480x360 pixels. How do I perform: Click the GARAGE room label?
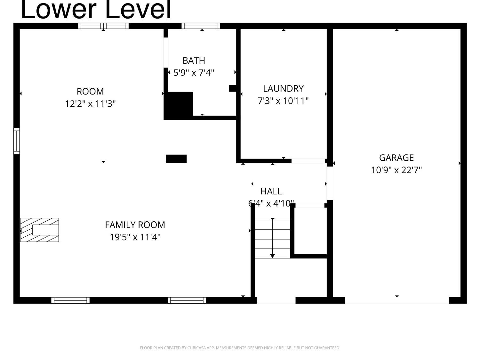396,158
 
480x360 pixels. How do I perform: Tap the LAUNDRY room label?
283,88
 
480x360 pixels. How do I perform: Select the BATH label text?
194,61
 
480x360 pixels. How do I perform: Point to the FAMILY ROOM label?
135,225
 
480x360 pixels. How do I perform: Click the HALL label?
271,191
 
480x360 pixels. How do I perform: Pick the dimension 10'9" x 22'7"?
396,170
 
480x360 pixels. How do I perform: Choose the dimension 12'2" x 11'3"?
90,104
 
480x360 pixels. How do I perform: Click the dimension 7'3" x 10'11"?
283,101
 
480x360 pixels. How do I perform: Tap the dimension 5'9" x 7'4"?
194,73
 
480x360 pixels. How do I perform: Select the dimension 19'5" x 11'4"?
135,237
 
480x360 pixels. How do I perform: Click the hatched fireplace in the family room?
39,230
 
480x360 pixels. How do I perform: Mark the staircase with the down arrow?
272,239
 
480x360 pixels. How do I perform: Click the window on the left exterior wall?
16,141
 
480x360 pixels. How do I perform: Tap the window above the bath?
201,26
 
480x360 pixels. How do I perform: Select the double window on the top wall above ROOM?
103,26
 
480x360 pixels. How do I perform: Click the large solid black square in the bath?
179,105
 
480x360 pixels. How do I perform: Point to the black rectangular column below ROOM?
176,159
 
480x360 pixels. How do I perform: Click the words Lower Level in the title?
96,10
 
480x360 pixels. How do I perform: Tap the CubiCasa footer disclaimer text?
240,348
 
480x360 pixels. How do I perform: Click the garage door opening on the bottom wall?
397,300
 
